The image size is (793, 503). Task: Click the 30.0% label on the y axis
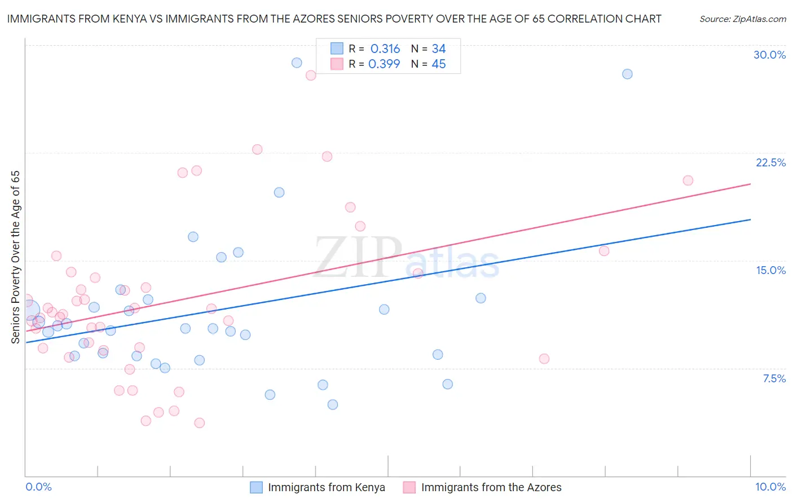point(769,55)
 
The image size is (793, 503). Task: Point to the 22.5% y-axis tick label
point(770,162)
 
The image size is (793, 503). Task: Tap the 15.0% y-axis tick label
point(770,270)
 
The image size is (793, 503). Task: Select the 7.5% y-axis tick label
point(774,378)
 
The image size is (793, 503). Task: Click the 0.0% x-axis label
point(38,487)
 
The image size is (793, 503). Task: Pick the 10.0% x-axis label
point(770,487)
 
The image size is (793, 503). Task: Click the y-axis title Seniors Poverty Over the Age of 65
point(15,257)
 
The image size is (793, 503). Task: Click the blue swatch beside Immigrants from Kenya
point(257,487)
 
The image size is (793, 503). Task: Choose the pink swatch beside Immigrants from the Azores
point(409,487)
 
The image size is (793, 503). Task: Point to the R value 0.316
point(385,49)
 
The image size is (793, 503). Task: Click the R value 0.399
point(384,64)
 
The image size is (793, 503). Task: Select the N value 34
point(439,49)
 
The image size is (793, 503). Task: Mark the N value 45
point(439,64)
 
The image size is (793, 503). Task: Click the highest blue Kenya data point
point(297,63)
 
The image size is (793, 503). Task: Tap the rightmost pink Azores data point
point(688,180)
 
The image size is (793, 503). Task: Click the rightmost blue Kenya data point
point(627,74)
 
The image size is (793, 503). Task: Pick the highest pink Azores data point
point(311,75)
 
